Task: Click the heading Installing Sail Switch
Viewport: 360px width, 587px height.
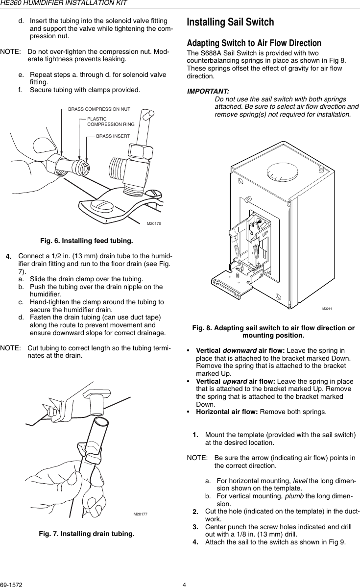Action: [x=231, y=23]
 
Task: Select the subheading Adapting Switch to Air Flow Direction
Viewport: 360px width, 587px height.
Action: [x=254, y=43]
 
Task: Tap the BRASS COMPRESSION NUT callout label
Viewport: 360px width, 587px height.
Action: [x=99, y=109]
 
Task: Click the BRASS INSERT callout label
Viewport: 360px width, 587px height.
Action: [x=113, y=135]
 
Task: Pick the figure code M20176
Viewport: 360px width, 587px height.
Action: [x=154, y=223]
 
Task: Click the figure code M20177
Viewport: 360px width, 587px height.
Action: [x=141, y=514]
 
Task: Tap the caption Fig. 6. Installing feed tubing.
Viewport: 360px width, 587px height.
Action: [x=86, y=241]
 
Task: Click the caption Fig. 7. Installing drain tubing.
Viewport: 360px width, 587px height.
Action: [x=86, y=533]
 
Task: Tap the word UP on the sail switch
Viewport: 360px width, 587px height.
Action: [x=264, y=234]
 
